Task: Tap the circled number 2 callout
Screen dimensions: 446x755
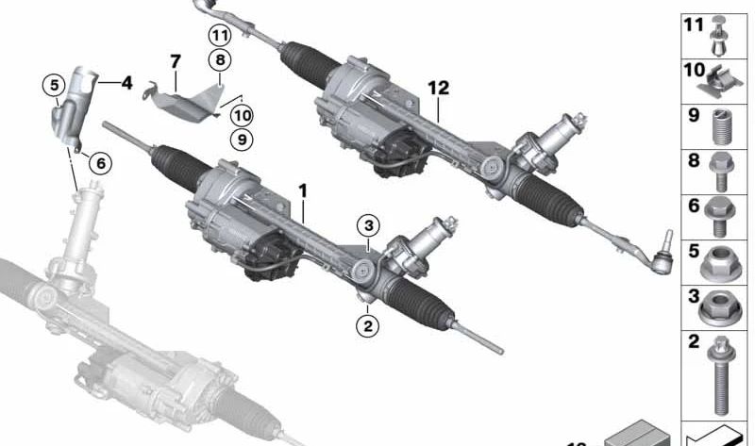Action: [367, 326]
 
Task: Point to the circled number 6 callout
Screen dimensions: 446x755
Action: [99, 162]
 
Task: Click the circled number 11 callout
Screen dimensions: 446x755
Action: [220, 35]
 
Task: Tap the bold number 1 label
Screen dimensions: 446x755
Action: [303, 190]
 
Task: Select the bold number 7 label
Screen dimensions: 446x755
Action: [175, 62]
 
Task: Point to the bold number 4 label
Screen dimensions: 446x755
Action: [126, 83]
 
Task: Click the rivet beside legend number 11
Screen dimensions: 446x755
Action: [723, 30]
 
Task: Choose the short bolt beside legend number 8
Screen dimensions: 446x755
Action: [722, 170]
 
